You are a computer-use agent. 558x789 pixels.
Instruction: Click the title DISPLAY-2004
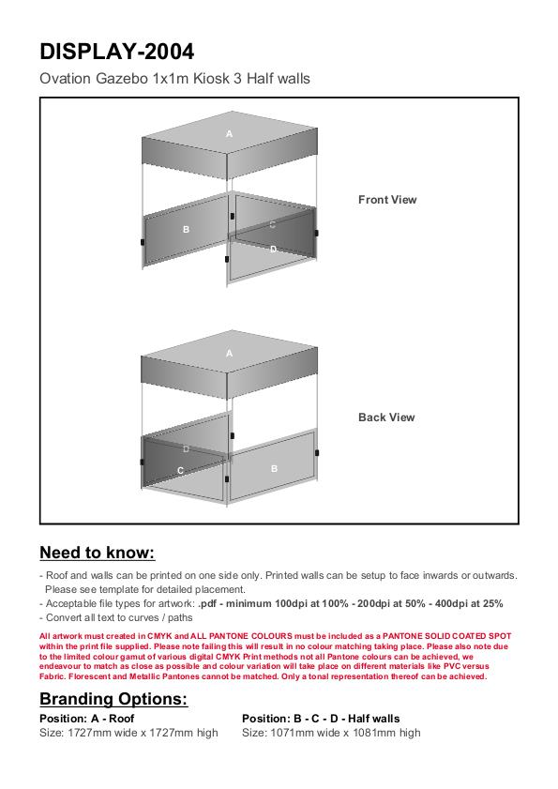[x=116, y=52]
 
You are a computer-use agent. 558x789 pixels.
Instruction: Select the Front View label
[x=387, y=200]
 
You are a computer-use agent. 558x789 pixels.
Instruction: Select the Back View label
[x=386, y=417]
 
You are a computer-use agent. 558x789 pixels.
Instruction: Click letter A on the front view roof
[x=230, y=134]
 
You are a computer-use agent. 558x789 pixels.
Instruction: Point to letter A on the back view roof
[x=230, y=354]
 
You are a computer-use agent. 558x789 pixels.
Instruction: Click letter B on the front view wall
[x=187, y=230]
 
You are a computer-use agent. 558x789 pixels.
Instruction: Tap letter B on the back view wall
[x=274, y=468]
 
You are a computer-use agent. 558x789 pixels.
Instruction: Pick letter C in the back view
[x=181, y=470]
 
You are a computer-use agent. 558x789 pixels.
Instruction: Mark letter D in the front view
[x=273, y=249]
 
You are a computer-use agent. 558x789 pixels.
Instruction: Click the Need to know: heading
[x=98, y=553]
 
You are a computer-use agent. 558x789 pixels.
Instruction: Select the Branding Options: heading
[x=113, y=699]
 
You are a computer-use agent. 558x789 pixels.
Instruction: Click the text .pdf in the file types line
[x=207, y=603]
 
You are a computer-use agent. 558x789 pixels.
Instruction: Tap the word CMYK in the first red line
[x=159, y=636]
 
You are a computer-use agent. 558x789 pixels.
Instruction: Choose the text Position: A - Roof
[x=87, y=719]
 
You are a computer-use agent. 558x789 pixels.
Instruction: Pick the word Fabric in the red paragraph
[x=53, y=676]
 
